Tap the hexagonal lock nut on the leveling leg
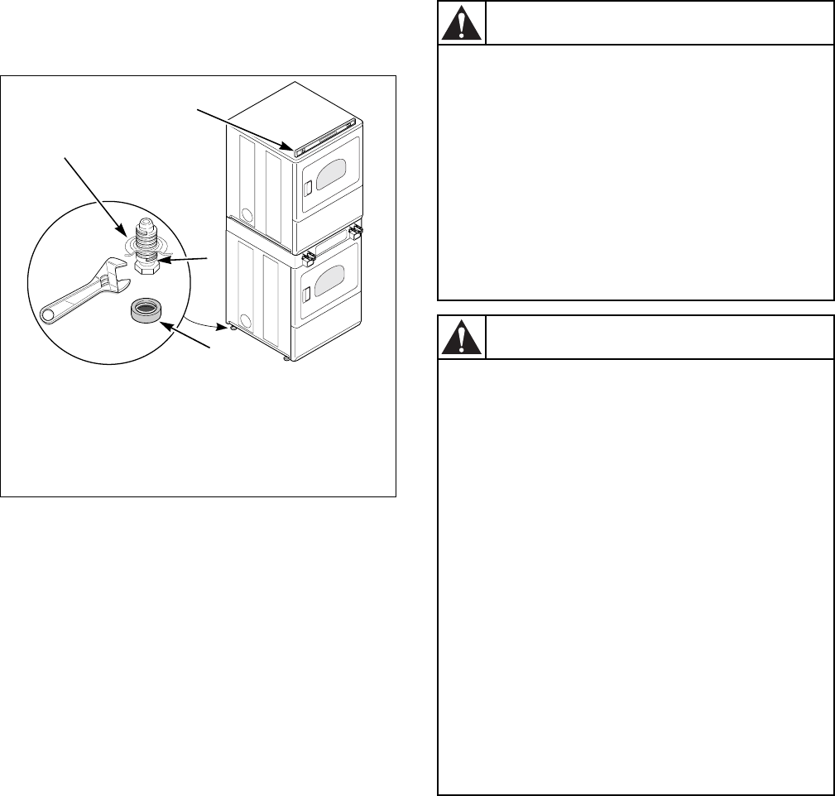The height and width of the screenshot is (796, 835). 147,267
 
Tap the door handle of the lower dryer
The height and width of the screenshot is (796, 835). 307,291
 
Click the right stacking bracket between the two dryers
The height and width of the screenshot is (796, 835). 357,228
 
